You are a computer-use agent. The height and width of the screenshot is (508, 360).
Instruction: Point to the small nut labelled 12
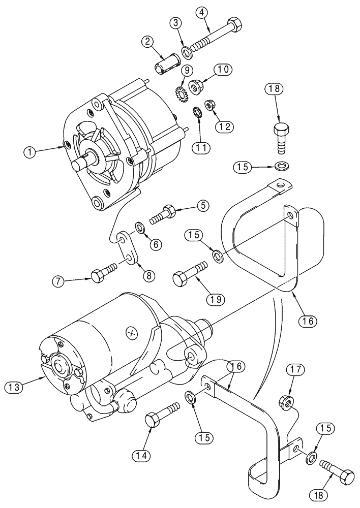tap(209, 106)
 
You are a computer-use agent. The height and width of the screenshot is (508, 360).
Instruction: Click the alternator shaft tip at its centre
tap(80, 166)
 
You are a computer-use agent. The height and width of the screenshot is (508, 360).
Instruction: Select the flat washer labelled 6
tap(139, 225)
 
